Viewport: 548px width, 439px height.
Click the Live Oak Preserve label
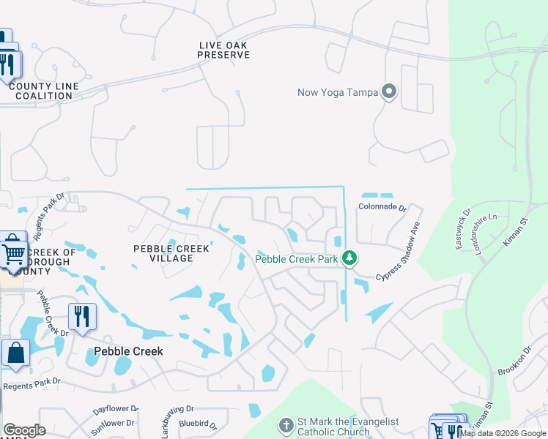(223, 50)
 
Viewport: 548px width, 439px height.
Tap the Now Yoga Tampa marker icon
(389, 92)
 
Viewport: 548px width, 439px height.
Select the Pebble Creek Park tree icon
(350, 258)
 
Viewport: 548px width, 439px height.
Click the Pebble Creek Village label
(171, 253)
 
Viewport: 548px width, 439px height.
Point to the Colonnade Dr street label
(382, 207)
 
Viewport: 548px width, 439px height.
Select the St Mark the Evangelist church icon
(286, 424)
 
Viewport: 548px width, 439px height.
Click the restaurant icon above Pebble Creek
(81, 316)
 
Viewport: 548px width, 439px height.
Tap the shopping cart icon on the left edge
(13, 252)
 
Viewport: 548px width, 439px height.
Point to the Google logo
(24, 430)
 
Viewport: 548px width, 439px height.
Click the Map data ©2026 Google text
(503, 433)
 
